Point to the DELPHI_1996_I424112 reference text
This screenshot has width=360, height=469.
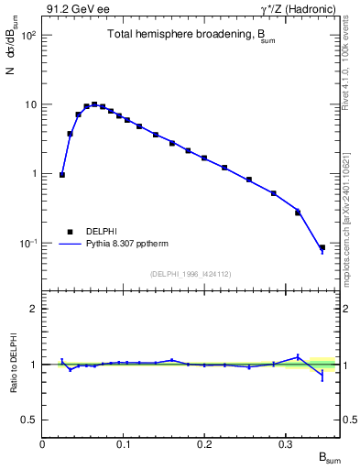(x=191, y=272)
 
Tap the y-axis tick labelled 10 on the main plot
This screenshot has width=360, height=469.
(x=30, y=104)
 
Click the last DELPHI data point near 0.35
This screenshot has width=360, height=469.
(x=322, y=247)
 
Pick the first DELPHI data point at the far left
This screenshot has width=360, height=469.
(x=62, y=174)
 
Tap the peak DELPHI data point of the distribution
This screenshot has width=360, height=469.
(x=94, y=104)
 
